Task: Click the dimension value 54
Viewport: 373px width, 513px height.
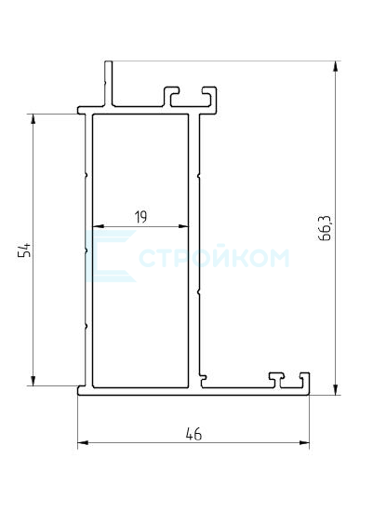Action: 24,250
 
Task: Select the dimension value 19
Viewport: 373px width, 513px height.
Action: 140,217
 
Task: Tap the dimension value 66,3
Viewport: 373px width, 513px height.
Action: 325,228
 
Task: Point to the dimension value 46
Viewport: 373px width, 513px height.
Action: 193,434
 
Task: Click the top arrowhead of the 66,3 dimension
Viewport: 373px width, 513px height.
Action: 336,66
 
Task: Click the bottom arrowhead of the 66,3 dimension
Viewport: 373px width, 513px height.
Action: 336,390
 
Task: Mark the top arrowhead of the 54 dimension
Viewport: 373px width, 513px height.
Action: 33,119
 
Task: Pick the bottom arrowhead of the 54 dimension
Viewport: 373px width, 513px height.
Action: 33,381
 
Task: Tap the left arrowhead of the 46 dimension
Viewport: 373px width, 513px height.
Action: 83,443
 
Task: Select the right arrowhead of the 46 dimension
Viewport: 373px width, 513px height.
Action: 304,443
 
